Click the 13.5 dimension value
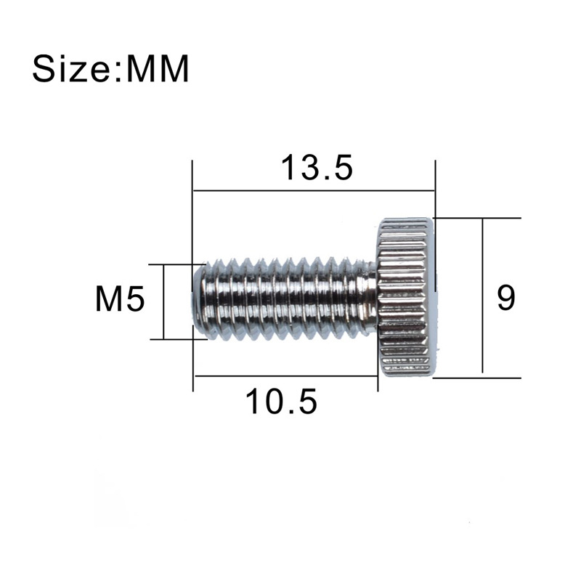(317, 168)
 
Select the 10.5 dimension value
(281, 401)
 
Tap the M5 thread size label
(121, 299)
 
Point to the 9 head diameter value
(505, 298)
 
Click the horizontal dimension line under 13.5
(312, 192)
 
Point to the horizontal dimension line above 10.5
(285, 376)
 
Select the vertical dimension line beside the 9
(482, 298)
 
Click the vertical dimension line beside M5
(165, 301)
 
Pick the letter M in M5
(110, 299)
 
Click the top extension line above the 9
(479, 217)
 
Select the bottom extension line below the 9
(479, 378)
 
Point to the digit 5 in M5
(137, 299)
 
